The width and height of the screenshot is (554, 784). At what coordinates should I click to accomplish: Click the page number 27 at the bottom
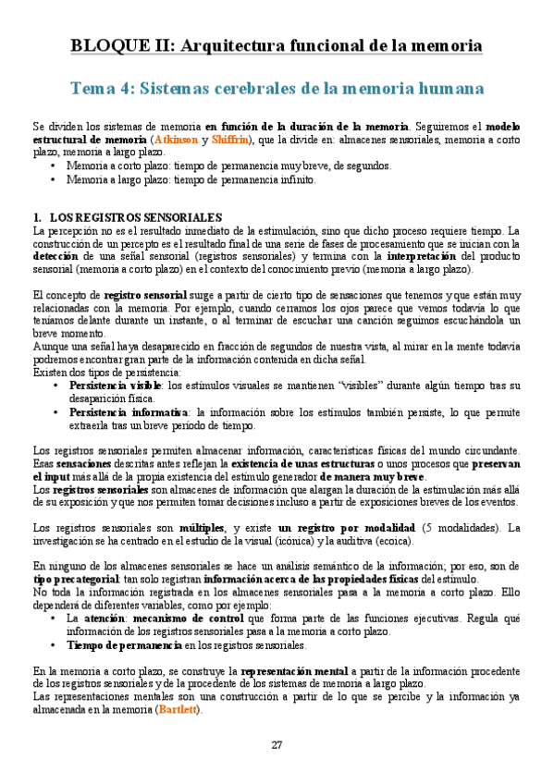[x=277, y=745]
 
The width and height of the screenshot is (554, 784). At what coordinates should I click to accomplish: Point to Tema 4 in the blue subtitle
[x=101, y=89]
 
